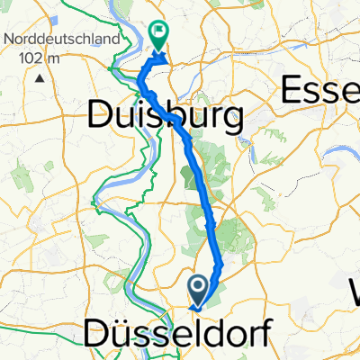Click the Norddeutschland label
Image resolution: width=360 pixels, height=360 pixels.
tap(61, 40)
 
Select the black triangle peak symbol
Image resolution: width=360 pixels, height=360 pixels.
tap(40, 77)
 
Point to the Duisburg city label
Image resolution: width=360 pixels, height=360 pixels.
tap(167, 115)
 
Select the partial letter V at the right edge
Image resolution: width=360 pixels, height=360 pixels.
tap(354, 291)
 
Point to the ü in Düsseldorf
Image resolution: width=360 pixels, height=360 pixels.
tap(119, 336)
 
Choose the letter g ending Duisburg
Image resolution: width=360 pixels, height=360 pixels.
tap(234, 119)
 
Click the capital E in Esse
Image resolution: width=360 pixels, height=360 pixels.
tap(295, 90)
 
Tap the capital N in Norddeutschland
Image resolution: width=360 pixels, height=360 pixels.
tap(9, 40)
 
